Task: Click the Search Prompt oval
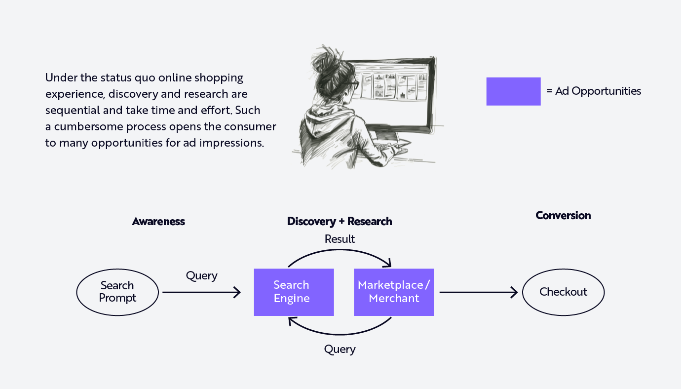(117, 292)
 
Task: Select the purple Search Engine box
(294, 292)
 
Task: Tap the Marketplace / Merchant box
(394, 292)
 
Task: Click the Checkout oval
(563, 292)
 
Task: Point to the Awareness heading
(158, 222)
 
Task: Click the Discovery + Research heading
(340, 222)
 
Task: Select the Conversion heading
(563, 216)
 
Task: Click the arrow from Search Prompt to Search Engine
(201, 293)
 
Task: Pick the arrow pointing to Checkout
(478, 293)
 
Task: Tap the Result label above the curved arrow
(340, 239)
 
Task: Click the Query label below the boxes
(340, 350)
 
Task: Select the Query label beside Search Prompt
(201, 276)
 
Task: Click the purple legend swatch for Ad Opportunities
(513, 91)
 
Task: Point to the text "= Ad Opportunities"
(594, 91)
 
